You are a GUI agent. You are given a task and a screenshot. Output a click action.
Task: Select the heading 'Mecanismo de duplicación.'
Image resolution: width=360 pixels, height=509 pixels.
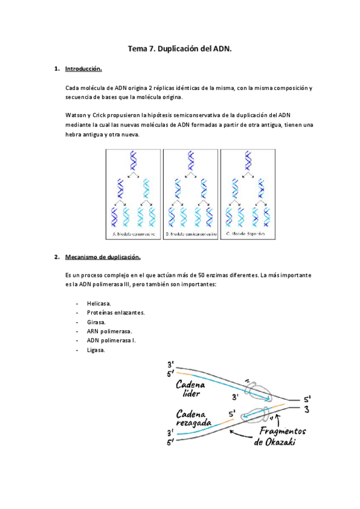point(103,258)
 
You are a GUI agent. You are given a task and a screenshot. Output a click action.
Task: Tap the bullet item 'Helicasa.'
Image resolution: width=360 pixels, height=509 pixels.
point(99,304)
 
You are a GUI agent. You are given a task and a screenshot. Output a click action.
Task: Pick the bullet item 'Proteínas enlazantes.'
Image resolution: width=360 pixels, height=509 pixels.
point(115,313)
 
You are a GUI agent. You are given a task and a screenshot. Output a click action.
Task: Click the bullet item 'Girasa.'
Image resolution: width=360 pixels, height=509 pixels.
point(96,322)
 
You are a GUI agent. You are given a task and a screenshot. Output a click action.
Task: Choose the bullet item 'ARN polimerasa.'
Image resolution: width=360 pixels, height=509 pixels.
point(109,331)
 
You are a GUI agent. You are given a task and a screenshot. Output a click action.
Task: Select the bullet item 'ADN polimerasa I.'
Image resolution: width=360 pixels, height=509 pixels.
point(111,340)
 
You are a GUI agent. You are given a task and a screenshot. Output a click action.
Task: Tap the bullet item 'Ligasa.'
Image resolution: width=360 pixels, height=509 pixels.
point(96,350)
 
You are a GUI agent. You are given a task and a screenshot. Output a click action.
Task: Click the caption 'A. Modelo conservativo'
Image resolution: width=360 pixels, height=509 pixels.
point(133,233)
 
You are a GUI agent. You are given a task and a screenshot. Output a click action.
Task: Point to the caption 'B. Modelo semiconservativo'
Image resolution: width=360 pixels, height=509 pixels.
point(190,233)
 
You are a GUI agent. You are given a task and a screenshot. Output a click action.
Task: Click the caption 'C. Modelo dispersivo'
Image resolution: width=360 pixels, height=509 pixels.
point(246,233)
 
